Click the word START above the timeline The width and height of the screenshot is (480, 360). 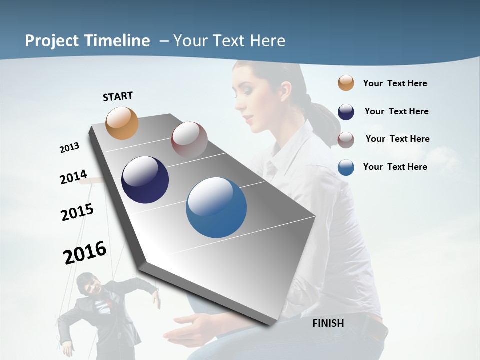pos(118,96)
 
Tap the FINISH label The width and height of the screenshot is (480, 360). pos(328,323)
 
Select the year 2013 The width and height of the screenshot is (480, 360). pos(69,148)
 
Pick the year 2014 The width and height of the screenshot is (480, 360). pos(73,177)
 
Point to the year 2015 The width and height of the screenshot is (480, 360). pos(77,212)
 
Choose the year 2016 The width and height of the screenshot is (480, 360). pos(85,252)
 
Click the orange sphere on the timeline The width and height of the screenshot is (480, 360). pos(122,123)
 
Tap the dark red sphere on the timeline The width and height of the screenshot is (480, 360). pos(189,140)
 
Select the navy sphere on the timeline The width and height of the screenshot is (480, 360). pos(145,180)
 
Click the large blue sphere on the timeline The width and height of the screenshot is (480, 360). pos(216,207)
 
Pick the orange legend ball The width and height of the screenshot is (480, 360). pos(346,83)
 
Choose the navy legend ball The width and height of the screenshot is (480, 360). pos(346,112)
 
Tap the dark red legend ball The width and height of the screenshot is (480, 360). pos(346,139)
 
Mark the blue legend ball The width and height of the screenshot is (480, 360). pos(346,167)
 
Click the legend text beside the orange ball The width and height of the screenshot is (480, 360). pos(395,83)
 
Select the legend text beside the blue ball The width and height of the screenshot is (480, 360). pos(395,167)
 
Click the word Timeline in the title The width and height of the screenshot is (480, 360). pos(117,41)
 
